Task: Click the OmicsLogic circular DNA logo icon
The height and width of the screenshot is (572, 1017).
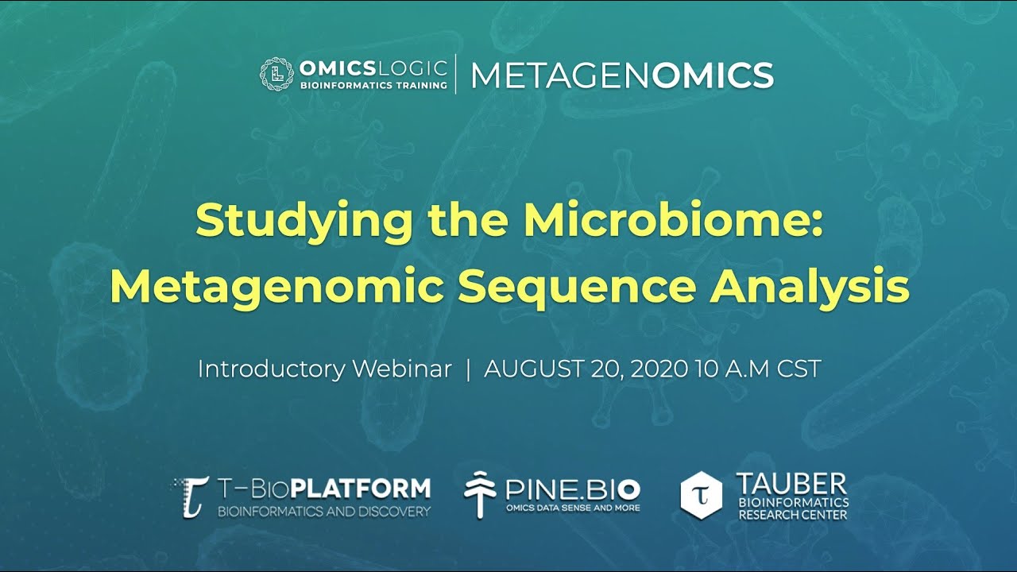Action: (275, 74)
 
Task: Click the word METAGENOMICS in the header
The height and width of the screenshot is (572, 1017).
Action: (622, 75)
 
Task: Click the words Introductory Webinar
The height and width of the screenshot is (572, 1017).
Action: (324, 369)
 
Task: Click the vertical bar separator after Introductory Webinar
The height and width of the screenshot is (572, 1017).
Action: (468, 369)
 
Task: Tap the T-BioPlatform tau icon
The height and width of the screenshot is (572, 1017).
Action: (192, 496)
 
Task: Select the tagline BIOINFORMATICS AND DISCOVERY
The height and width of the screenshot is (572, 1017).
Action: (324, 511)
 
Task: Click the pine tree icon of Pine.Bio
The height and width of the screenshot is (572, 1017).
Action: (480, 494)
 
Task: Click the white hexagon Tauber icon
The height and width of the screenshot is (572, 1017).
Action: (702, 494)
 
